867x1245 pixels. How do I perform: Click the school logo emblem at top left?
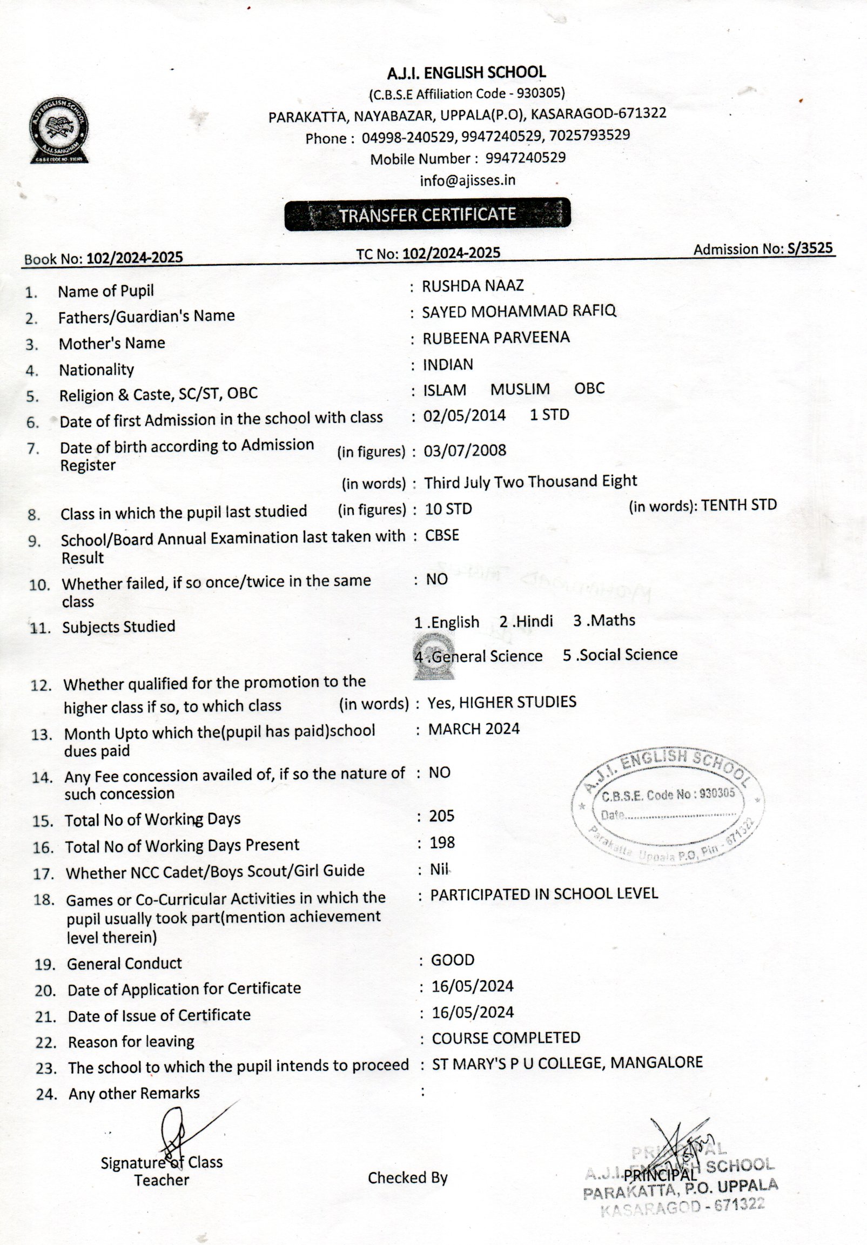pyautogui.click(x=59, y=131)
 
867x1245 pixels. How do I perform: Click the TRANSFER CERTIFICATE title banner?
pyautogui.click(x=427, y=215)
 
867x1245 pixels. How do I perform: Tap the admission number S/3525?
pyautogui.click(x=810, y=248)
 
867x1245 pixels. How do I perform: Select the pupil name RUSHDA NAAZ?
pyautogui.click(x=473, y=286)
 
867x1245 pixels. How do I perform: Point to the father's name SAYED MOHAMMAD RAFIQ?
pyautogui.click(x=519, y=311)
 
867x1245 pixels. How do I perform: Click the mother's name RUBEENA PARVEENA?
pyautogui.click(x=496, y=338)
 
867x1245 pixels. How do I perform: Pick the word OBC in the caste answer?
pyautogui.click(x=589, y=389)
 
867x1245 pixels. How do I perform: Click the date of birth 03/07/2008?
pyautogui.click(x=465, y=450)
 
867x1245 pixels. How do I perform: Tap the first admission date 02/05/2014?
pyautogui.click(x=464, y=415)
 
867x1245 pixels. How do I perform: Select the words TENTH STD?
pyautogui.click(x=738, y=506)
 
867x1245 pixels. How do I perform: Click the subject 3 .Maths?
pyautogui.click(x=604, y=620)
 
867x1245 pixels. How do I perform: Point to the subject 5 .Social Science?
pyautogui.click(x=620, y=655)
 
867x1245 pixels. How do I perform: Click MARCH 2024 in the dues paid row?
pyautogui.click(x=474, y=729)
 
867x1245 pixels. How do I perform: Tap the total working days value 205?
pyautogui.click(x=441, y=816)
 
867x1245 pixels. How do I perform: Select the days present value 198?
pyautogui.click(x=442, y=843)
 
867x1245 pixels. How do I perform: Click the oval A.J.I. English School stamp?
pyautogui.click(x=668, y=806)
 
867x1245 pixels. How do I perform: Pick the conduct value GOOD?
pyautogui.click(x=452, y=960)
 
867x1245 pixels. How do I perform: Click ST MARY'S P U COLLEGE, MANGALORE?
pyautogui.click(x=567, y=1063)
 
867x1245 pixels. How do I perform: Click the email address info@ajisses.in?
pyautogui.click(x=467, y=180)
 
